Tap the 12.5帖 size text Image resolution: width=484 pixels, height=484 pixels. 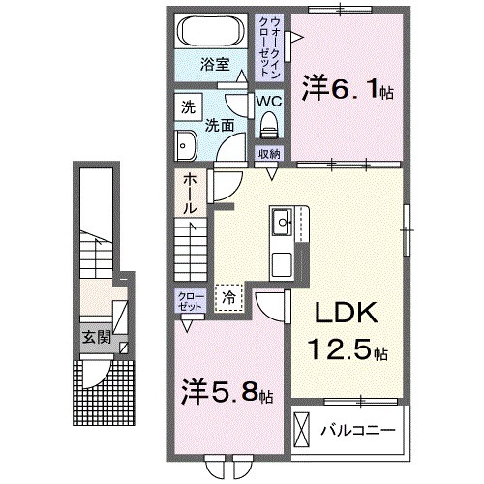coord(349,349)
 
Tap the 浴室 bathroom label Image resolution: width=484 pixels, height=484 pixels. coord(214,66)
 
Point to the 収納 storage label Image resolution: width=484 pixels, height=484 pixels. coord(268,153)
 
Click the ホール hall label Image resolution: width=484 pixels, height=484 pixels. coord(191,194)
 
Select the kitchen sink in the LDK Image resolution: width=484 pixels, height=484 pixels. coord(284,225)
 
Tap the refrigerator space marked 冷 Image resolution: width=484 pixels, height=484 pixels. coord(230,298)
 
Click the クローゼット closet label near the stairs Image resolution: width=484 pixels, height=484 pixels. coord(189,300)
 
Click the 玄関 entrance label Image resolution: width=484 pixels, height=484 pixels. coord(95,338)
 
